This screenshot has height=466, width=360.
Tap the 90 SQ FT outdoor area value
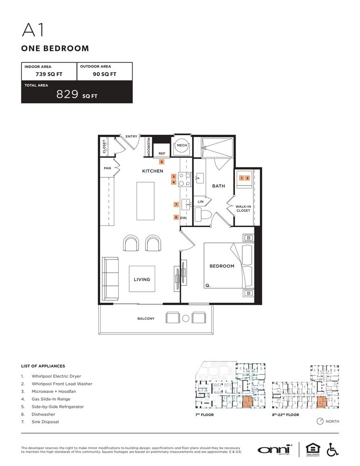(104, 74)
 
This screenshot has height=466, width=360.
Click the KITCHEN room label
(152, 171)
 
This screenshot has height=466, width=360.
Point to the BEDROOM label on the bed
(222, 266)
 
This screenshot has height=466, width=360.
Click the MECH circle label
(182, 145)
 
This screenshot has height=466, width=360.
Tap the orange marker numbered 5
(162, 161)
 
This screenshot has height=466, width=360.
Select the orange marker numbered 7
(176, 205)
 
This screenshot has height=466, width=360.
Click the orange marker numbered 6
(176, 217)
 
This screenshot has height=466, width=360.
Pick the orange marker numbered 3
(173, 177)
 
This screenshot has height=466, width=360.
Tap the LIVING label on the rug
(142, 279)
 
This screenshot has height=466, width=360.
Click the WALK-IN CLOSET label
(243, 208)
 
